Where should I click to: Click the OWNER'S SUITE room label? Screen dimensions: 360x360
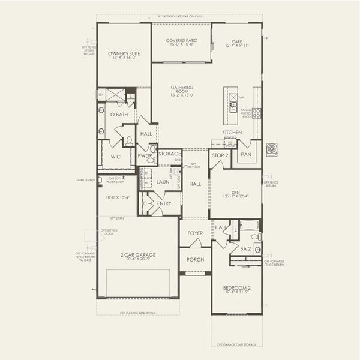click(x=124, y=54)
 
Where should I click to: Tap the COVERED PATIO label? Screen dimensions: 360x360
click(x=181, y=41)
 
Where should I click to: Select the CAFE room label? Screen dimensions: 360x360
click(x=236, y=41)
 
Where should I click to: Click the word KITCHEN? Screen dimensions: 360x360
click(x=232, y=132)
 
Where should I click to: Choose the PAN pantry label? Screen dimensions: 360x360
click(x=245, y=154)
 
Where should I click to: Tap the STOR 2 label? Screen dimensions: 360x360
click(x=220, y=155)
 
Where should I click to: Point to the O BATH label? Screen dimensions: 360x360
click(x=118, y=114)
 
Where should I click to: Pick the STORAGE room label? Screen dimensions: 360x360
click(x=170, y=154)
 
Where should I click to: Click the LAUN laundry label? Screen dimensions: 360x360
click(x=163, y=181)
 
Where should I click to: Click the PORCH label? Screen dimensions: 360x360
click(x=195, y=260)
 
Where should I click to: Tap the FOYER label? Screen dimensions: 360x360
click(x=195, y=233)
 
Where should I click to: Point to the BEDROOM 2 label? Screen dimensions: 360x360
click(x=236, y=289)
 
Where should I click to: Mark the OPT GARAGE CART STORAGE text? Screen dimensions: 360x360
click(x=236, y=345)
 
